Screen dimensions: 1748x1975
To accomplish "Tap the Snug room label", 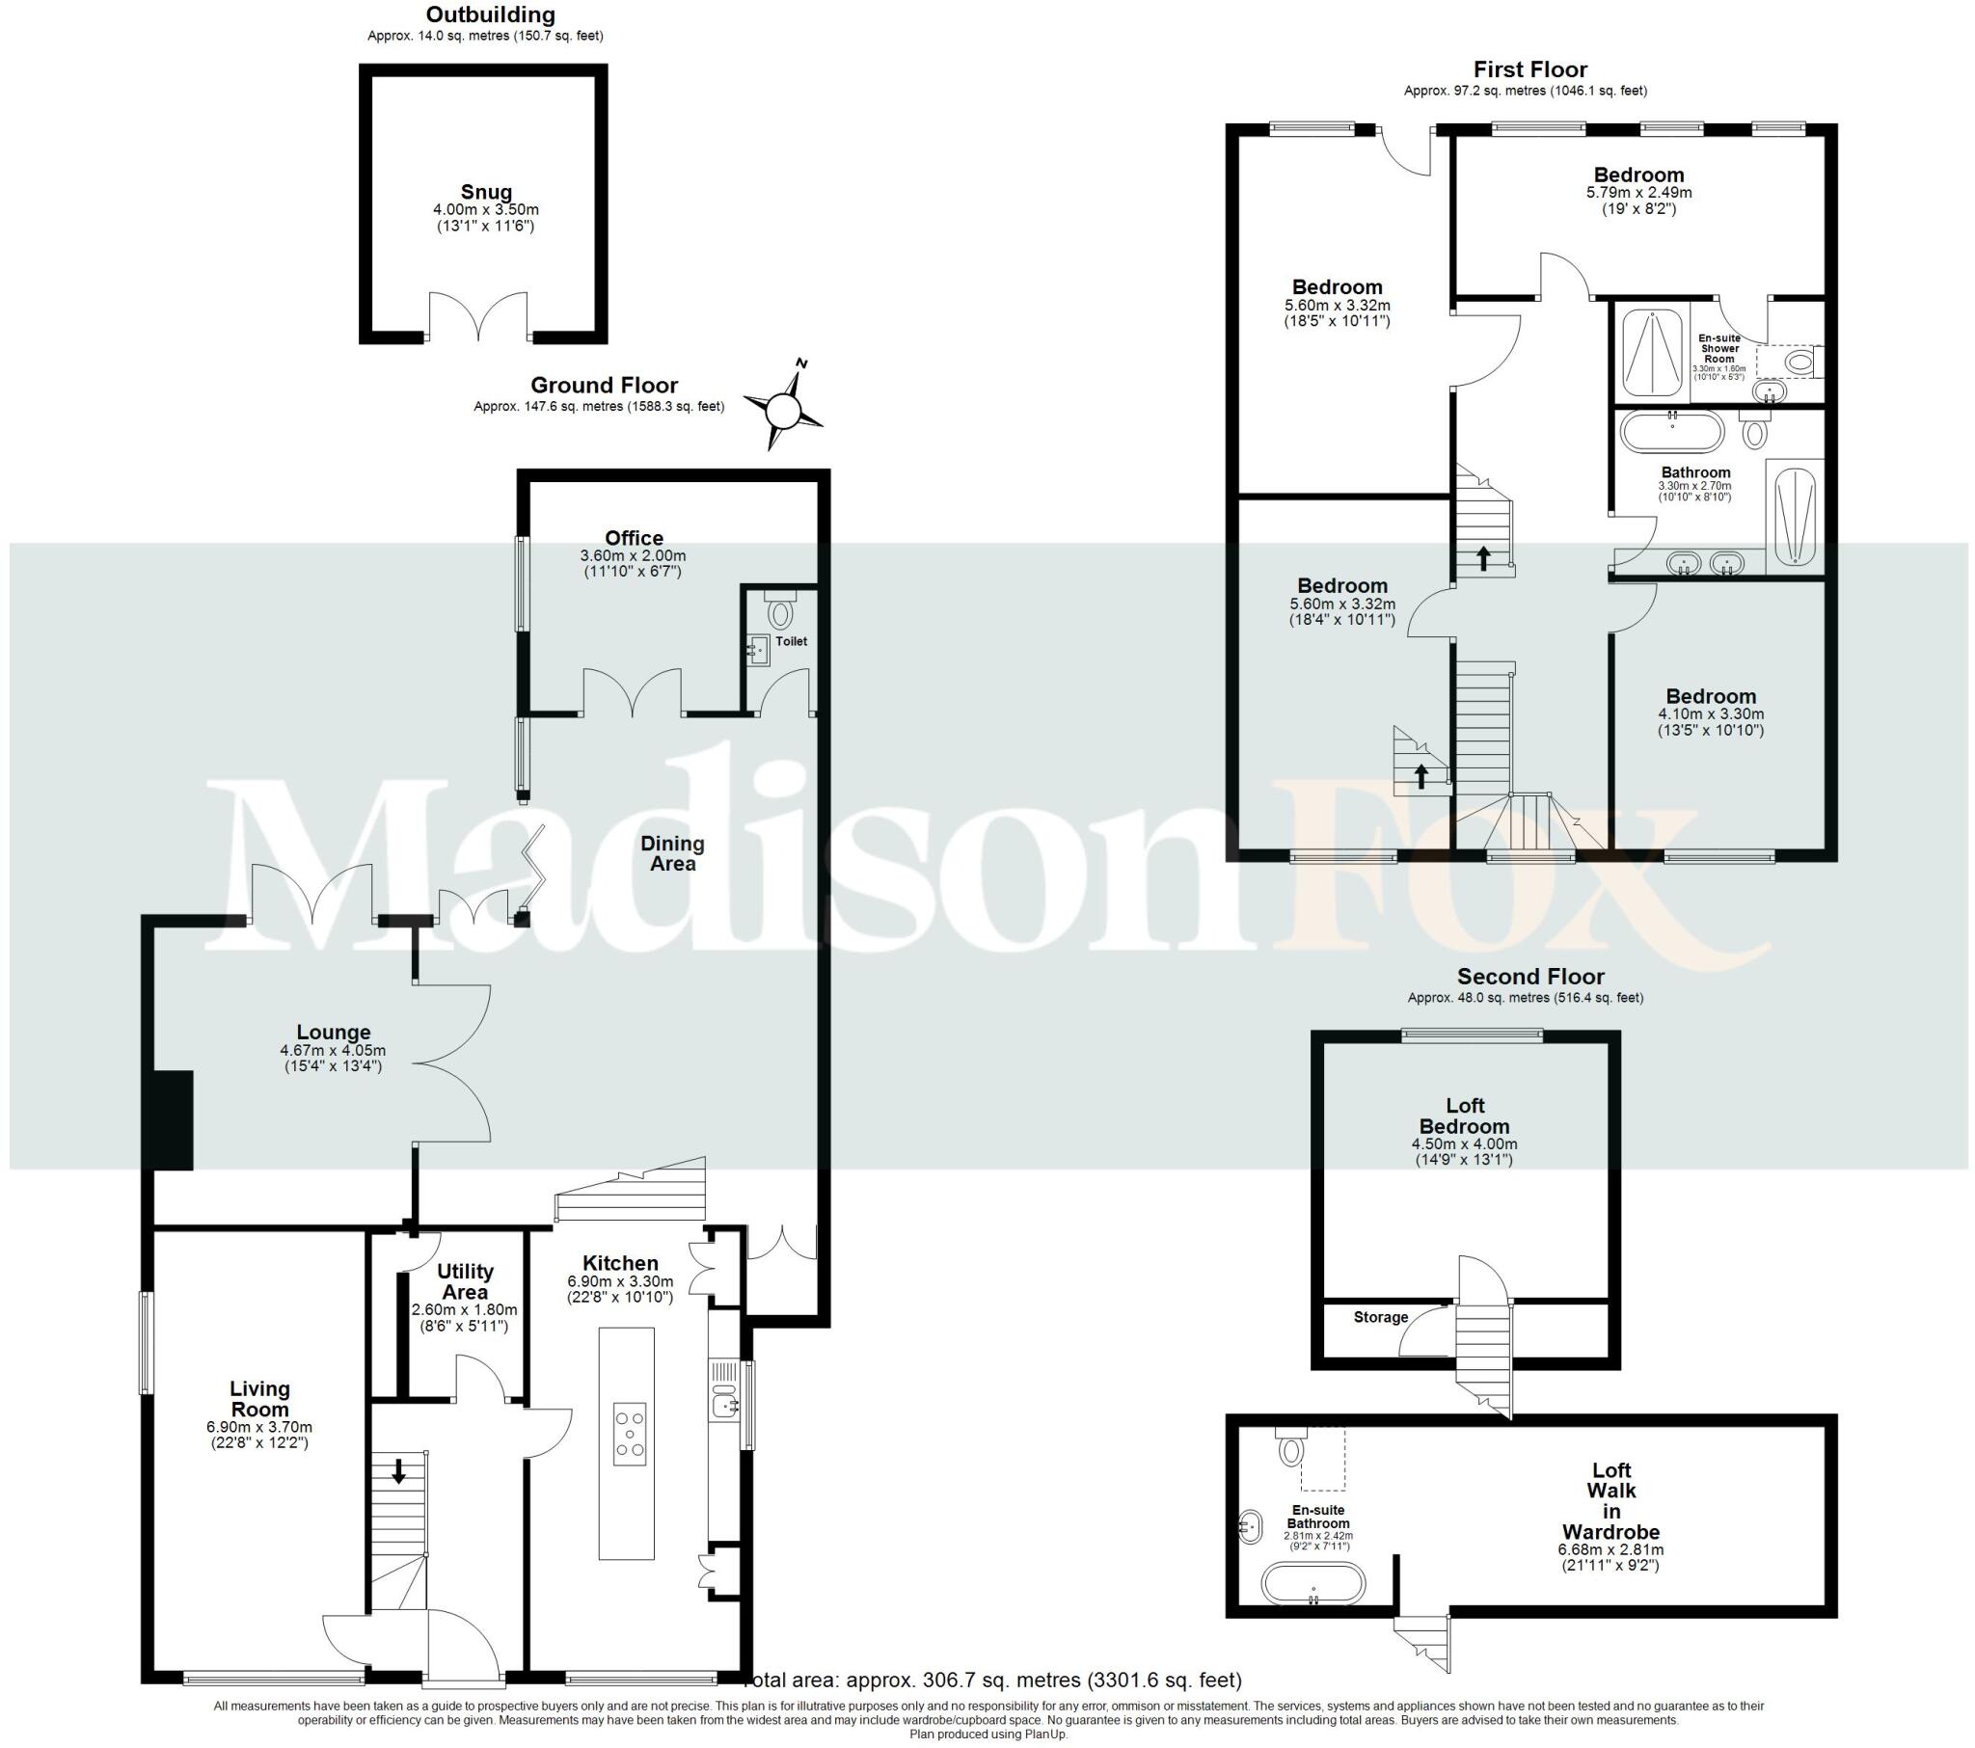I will tap(486, 192).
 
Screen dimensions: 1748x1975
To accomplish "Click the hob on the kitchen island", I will tap(630, 1434).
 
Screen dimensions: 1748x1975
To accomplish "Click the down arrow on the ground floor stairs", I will tap(398, 1472).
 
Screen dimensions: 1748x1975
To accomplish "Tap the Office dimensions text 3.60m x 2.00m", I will tap(633, 555).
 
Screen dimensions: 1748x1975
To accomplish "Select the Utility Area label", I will tap(465, 1281).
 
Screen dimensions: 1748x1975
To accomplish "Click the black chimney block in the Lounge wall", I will tap(172, 1120).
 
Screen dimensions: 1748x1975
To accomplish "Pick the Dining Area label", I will tap(672, 853).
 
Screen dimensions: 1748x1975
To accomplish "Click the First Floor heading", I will tap(1529, 69).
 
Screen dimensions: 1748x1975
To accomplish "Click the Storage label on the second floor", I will tap(1380, 1317).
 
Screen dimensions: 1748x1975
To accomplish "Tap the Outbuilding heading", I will tap(490, 14).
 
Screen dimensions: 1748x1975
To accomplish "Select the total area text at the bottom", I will tap(995, 1681).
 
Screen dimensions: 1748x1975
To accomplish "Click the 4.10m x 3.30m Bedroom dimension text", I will tap(1710, 714).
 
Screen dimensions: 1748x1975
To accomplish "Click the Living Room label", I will tap(259, 1398).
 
